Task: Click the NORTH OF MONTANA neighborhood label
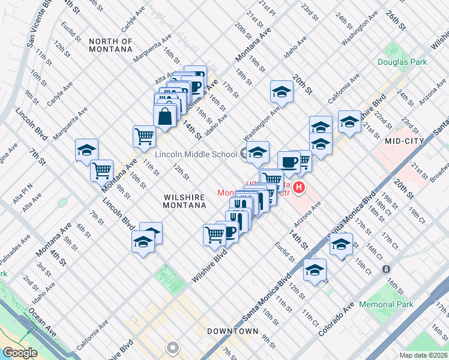pos(110,45)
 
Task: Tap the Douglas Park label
pos(402,62)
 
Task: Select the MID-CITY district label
pos(405,141)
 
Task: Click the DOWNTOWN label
pos(232,331)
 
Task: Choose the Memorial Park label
pos(386,304)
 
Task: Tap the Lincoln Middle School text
pos(196,154)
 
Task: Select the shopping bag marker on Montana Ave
pos(165,116)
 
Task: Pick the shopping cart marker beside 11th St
pos(144,136)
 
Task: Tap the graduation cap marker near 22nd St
pos(349,121)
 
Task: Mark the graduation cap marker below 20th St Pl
pos(281,91)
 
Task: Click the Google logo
pos(20,353)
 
